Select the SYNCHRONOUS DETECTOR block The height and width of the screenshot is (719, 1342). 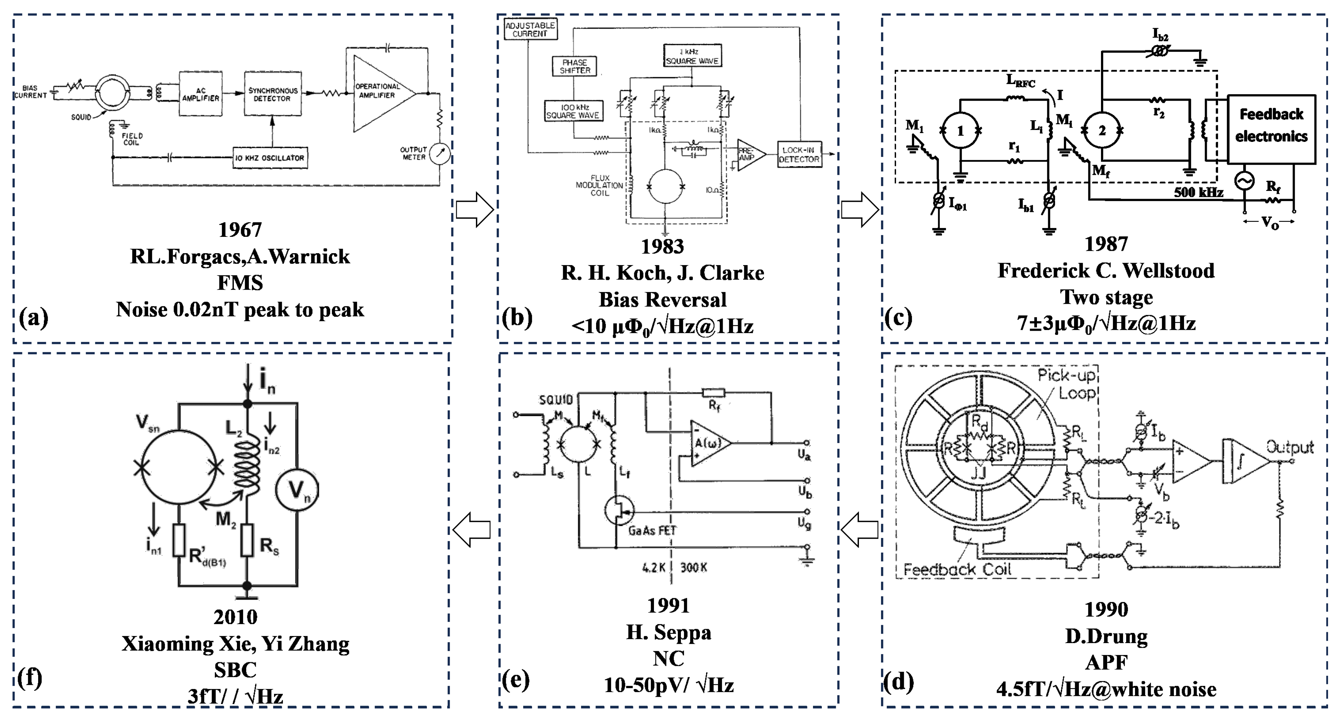(x=272, y=94)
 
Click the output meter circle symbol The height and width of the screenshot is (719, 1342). (x=440, y=154)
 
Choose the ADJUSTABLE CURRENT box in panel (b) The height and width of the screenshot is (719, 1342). (x=530, y=30)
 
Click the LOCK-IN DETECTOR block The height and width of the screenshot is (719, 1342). (x=799, y=154)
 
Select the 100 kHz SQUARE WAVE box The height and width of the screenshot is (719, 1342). (x=573, y=111)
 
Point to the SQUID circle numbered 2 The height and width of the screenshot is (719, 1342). (x=1102, y=131)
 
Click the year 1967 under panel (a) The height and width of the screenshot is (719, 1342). (x=240, y=230)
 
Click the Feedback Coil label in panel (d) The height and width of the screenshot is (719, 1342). (x=957, y=570)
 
